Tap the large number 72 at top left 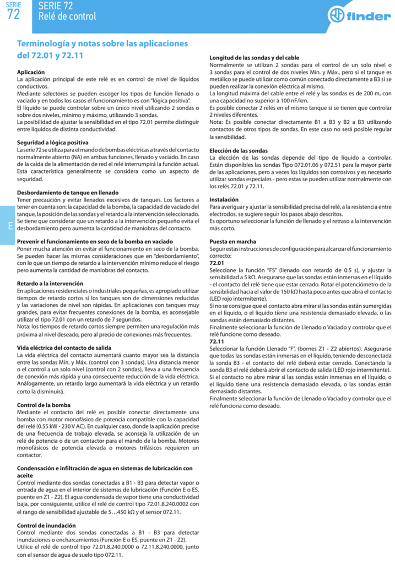pos(13,15)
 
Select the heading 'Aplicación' pos(31,72)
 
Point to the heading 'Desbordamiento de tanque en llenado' pos(68,192)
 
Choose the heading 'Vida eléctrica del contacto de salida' pos(64,348)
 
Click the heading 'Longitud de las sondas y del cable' pos(255,58)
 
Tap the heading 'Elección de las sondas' pos(239,150)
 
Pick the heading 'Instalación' pos(224,199)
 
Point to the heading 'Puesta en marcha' pos(232,242)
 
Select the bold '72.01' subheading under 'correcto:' pos(217,263)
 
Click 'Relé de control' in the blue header pos(67,17)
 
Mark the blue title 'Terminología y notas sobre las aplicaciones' pos(102,44)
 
